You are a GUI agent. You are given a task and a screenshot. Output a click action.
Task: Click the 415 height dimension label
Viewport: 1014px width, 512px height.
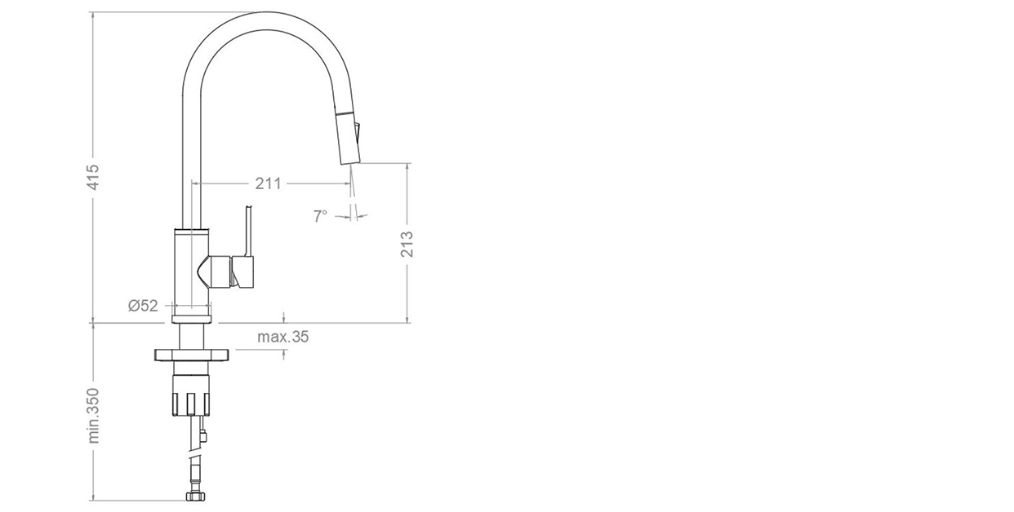tap(92, 177)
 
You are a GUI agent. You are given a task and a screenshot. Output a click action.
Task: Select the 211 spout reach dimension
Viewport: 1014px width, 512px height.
tap(268, 183)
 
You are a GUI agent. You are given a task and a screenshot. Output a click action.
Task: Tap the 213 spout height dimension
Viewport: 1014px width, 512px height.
tap(407, 244)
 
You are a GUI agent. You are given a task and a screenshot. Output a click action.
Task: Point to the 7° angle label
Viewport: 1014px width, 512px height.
tap(320, 217)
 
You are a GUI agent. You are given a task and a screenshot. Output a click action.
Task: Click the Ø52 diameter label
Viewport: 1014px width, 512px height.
tap(143, 306)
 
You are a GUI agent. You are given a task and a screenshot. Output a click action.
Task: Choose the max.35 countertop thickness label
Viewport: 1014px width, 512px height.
tap(283, 337)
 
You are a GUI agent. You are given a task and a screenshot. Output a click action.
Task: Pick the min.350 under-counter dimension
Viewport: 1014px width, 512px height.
tap(93, 415)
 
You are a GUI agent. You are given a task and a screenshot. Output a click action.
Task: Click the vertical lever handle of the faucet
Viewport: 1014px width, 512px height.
tap(247, 232)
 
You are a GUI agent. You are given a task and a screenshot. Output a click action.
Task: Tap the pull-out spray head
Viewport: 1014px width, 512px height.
tap(348, 135)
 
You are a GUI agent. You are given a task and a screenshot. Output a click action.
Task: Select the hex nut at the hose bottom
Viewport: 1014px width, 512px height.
tap(195, 497)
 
